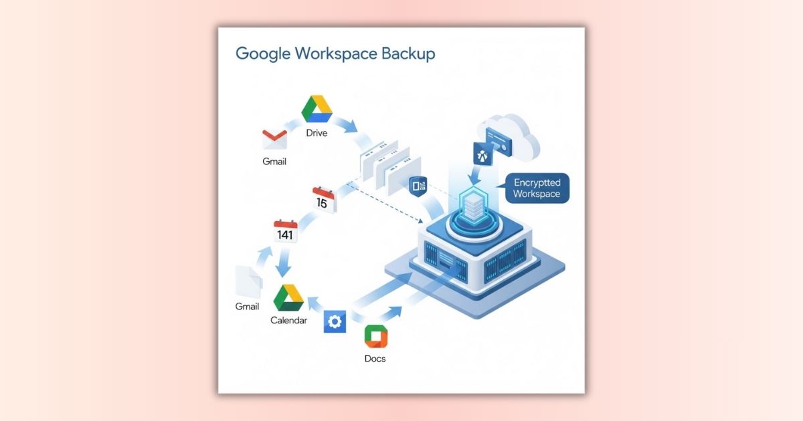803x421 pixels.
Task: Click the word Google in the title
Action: click(262, 53)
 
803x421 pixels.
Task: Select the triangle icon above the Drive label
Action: click(317, 109)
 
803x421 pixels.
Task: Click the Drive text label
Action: click(317, 132)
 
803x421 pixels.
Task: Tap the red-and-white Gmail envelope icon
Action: click(274, 139)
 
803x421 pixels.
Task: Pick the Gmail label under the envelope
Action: click(274, 162)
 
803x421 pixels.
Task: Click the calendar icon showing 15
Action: click(324, 200)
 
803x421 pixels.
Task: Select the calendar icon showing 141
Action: click(286, 231)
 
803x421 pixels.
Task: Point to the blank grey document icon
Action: click(248, 281)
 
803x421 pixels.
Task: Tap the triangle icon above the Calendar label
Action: click(288, 297)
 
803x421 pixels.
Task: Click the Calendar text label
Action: click(288, 321)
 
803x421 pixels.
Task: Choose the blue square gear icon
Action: click(334, 321)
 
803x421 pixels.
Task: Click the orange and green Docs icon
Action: click(375, 337)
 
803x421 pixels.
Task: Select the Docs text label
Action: click(375, 359)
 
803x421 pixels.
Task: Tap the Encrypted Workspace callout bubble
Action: click(536, 188)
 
